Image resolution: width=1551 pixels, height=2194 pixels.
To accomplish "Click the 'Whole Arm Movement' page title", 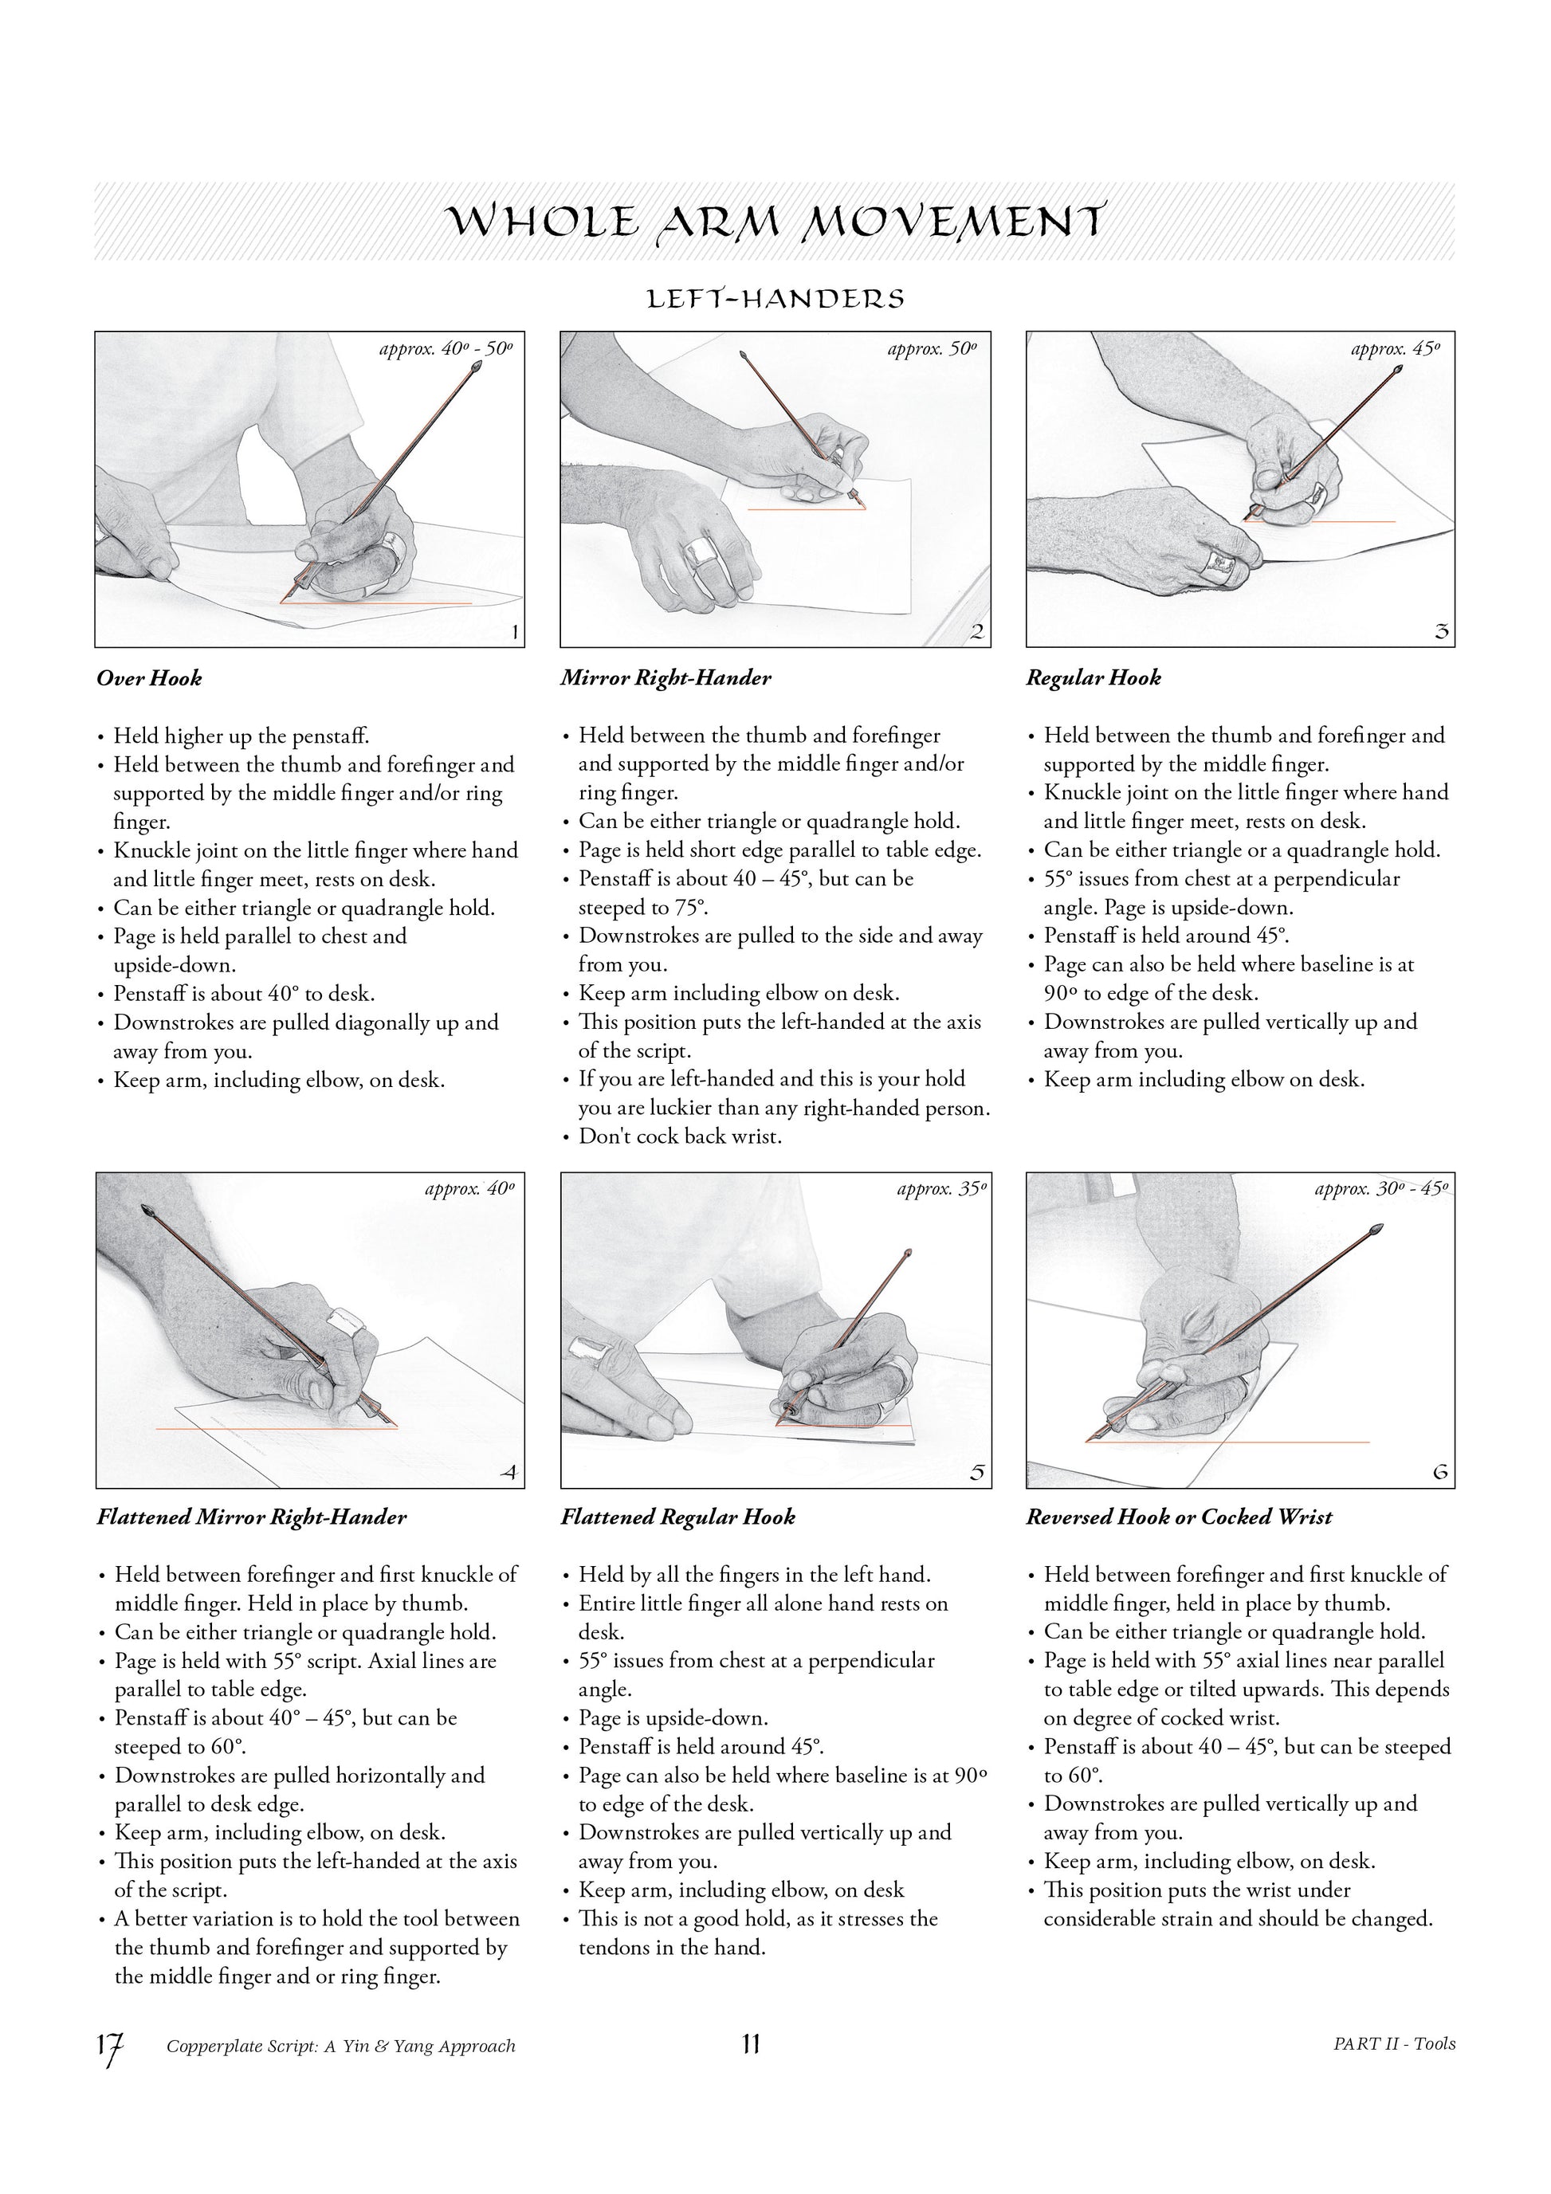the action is [776, 222].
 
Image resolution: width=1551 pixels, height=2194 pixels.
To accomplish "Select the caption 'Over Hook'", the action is [149, 678].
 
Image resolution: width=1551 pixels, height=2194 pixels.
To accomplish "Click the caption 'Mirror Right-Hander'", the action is [666, 678].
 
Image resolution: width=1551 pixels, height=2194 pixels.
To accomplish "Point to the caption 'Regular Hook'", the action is [1094, 678].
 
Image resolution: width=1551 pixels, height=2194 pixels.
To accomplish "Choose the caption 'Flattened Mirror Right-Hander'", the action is [251, 1517].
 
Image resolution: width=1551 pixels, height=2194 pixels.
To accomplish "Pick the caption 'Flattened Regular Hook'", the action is [677, 1517].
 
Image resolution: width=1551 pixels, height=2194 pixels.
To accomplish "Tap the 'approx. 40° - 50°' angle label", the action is [446, 349].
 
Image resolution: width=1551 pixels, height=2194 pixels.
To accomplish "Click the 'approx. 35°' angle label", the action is [941, 1189].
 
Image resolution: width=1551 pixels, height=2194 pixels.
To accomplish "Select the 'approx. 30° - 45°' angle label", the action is [1382, 1189].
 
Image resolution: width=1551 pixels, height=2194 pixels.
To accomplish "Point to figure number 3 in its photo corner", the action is [1442, 632].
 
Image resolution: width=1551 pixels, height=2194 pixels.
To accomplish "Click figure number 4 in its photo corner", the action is [509, 1473].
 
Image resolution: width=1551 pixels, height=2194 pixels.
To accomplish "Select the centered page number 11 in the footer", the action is [750, 2044].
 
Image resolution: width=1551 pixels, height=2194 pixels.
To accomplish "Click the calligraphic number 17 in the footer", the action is [110, 2049].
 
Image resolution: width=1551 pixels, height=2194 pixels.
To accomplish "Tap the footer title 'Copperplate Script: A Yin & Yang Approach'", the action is [341, 2046].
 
